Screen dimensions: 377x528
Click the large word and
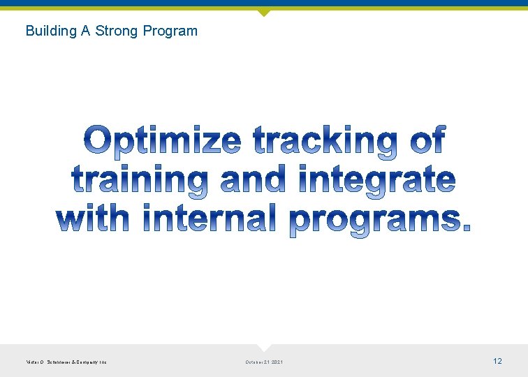253,180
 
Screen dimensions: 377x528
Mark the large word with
93,219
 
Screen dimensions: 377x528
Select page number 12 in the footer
497,361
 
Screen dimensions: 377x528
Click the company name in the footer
66,362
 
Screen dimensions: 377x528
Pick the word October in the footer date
255,362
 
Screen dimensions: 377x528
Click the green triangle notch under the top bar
263,13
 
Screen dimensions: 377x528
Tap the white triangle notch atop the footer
263,347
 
